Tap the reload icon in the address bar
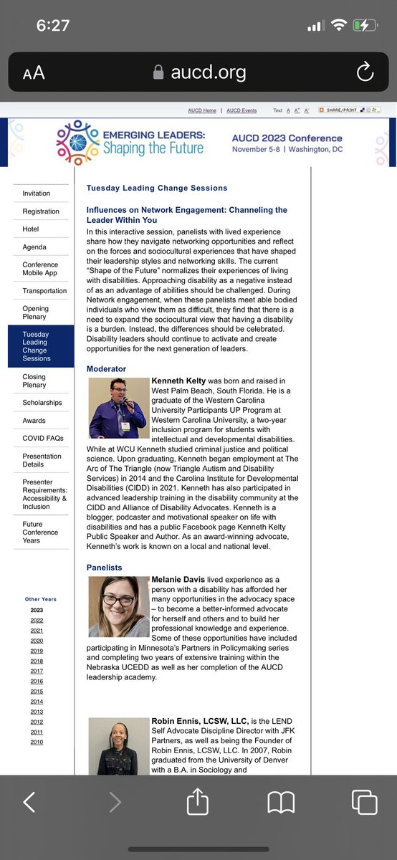pyautogui.click(x=364, y=72)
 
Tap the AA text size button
pyautogui.click(x=34, y=72)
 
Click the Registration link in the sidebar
pyautogui.click(x=41, y=211)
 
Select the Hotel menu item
pyautogui.click(x=31, y=229)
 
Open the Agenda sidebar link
pyautogui.click(x=34, y=247)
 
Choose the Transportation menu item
pyautogui.click(x=44, y=291)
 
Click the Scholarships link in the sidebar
pyautogui.click(x=42, y=403)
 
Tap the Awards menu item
pyautogui.click(x=34, y=421)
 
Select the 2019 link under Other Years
pyautogui.click(x=37, y=651)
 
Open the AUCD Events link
pyautogui.click(x=241, y=111)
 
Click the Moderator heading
pyautogui.click(x=106, y=368)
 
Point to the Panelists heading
pyautogui.click(x=105, y=568)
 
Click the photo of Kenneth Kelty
pyautogui.click(x=118, y=408)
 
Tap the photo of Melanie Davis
pyautogui.click(x=118, y=606)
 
